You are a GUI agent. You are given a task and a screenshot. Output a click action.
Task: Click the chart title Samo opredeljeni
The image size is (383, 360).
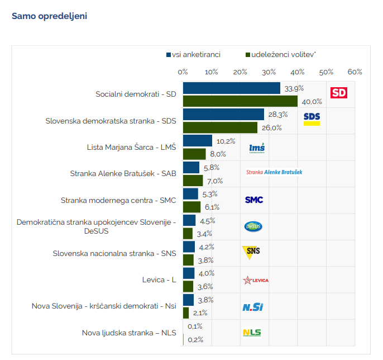coord(49,16)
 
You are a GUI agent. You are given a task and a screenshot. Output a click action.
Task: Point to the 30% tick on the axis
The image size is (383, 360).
coord(269,72)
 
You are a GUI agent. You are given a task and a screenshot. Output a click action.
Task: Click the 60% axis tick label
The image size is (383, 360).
coord(355,72)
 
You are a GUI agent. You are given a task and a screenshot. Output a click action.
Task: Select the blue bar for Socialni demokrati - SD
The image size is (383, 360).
coord(231,88)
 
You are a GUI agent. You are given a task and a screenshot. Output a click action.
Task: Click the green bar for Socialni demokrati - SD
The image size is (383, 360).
coord(240,101)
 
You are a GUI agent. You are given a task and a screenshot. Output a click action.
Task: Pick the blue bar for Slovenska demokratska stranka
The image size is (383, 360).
coord(223,115)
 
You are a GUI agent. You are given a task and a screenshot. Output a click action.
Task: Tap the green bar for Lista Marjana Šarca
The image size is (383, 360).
coord(194,154)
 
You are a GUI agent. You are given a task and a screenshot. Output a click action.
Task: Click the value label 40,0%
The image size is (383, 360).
coord(312,102)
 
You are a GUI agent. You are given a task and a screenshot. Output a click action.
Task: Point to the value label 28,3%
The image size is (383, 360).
coord(277,115)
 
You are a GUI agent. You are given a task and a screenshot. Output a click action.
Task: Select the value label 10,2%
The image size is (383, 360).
coord(226,141)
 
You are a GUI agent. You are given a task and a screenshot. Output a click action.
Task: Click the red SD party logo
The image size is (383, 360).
coord(339,93)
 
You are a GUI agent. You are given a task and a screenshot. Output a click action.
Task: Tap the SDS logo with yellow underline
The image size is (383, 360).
coord(312,119)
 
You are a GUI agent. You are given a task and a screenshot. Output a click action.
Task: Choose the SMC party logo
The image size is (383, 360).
coord(254,200)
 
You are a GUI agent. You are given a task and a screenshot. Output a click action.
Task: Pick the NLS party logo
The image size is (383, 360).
coord(252,333)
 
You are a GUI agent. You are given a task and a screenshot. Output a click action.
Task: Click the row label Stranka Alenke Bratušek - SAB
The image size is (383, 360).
coord(123,174)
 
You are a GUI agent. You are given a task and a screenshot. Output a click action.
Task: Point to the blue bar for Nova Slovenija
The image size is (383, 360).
coord(188,300)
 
